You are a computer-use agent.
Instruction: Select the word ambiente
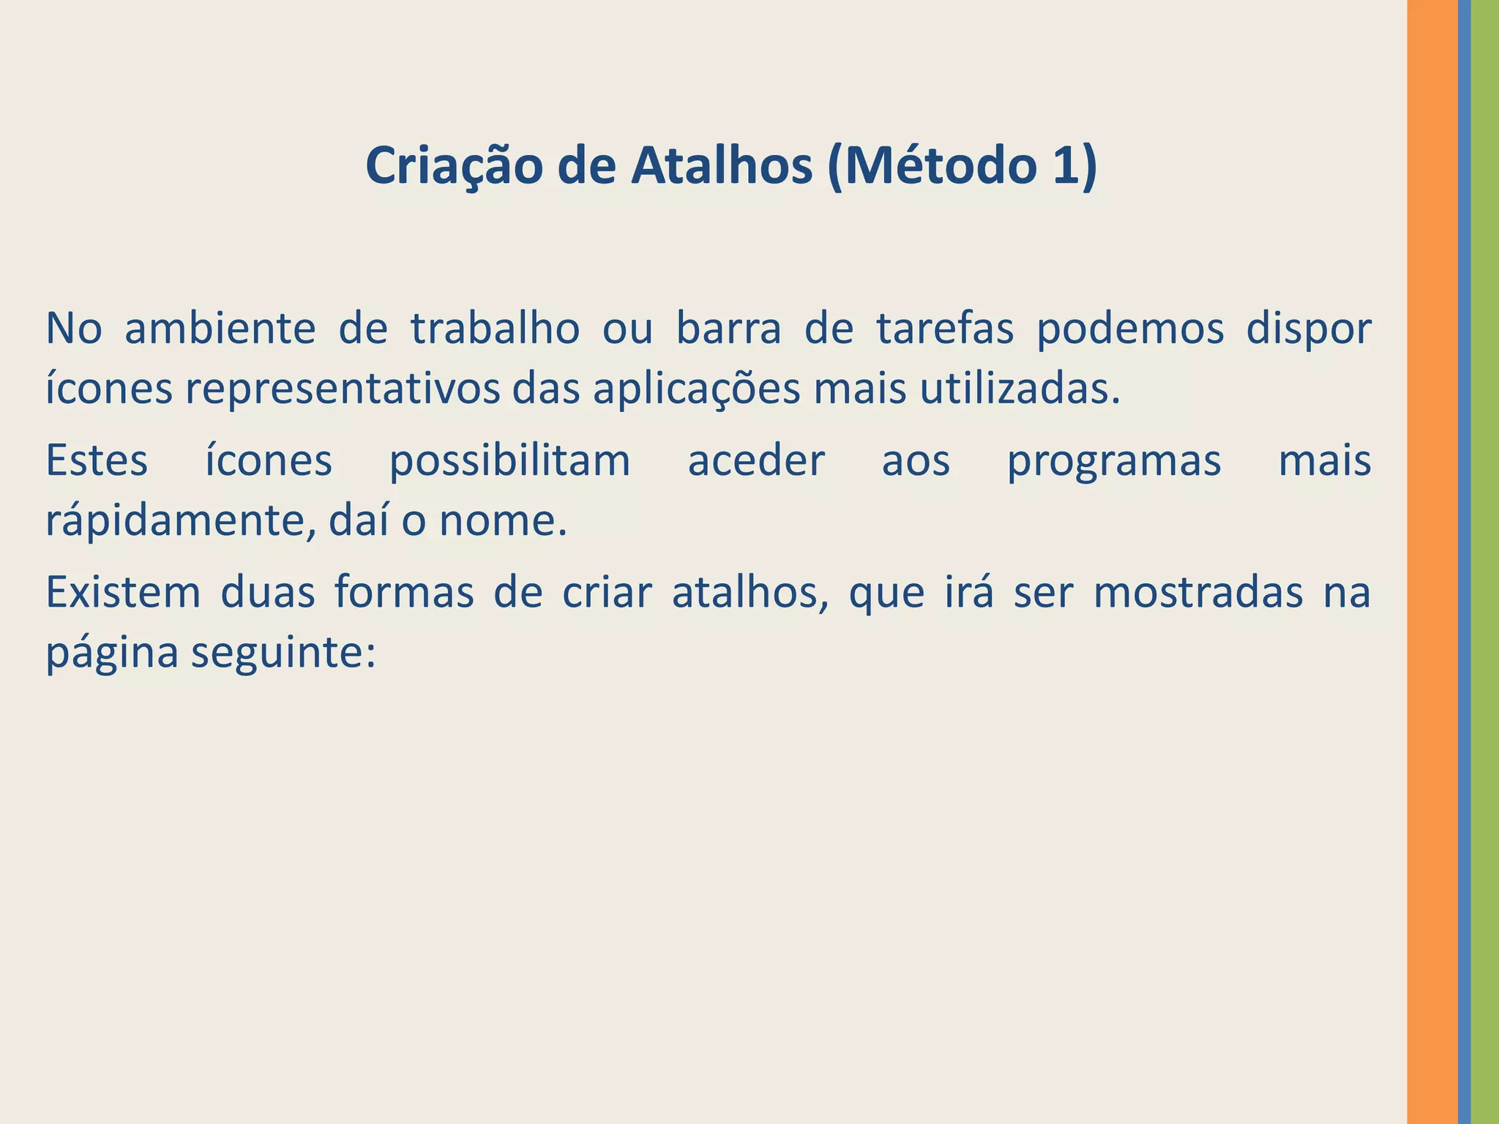pos(220,329)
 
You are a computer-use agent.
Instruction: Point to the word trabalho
pos(495,329)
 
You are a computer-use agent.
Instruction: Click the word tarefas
pos(945,329)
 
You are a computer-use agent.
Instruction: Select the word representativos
pos(342,390)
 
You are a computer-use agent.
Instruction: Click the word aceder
pos(756,461)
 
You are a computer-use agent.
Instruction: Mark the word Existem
pos(123,592)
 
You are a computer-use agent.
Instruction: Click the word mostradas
pos(1198,592)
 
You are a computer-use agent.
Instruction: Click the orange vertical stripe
pos(1432,562)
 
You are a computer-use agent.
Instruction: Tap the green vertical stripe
pos(1485,562)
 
